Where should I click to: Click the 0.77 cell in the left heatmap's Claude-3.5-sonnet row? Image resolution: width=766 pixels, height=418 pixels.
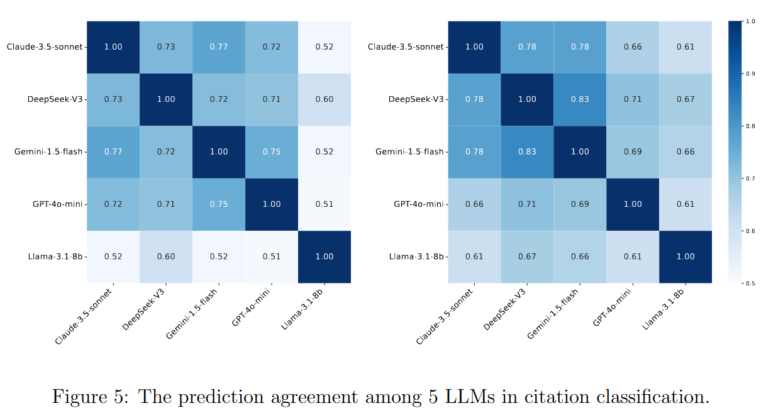point(219,47)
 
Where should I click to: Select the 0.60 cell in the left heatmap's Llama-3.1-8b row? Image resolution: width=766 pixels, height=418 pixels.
point(166,256)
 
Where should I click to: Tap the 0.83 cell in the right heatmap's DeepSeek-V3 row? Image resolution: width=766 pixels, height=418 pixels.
point(580,99)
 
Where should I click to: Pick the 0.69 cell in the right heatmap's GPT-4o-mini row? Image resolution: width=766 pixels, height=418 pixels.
point(580,204)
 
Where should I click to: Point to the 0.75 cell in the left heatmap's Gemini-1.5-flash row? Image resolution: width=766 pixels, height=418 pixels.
point(272,151)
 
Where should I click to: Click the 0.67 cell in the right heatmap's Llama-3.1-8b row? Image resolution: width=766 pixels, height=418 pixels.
point(527,256)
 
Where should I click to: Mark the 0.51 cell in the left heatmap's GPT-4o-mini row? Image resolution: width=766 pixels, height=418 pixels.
point(325,204)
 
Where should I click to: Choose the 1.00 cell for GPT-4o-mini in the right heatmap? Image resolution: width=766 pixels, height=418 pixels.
point(633,204)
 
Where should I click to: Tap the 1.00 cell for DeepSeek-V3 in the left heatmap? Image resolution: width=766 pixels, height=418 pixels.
point(166,99)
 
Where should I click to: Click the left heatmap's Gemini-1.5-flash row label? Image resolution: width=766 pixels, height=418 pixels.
point(48,152)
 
